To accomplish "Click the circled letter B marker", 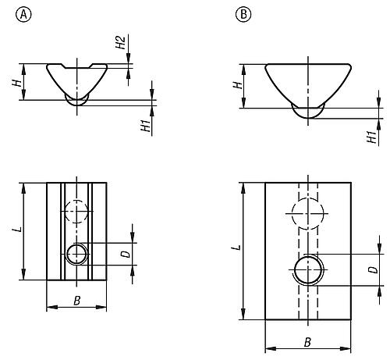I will pos(244,14).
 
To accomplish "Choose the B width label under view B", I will pos(308,340).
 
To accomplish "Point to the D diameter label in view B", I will pos(372,270).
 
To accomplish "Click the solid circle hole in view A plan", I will pos(76,254).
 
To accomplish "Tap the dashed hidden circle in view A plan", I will pos(76,212).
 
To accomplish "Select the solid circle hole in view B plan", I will pos(308,270).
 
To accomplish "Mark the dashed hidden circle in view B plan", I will pos(308,209).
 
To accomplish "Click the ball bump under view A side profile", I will pos(76,101).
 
